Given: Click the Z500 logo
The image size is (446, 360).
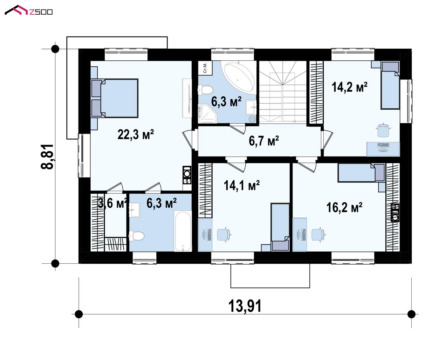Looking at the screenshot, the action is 29,10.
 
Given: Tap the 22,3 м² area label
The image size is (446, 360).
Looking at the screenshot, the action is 135,135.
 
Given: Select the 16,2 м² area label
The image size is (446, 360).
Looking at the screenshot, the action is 344,207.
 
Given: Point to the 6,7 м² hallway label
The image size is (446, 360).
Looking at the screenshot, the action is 264,141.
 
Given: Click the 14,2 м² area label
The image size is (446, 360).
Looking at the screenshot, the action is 349,87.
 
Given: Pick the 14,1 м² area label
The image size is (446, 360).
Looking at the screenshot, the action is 242,185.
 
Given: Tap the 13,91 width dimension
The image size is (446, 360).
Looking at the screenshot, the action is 245,306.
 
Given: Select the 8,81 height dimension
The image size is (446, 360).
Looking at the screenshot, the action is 47,157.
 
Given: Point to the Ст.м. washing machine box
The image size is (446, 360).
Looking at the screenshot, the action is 205,68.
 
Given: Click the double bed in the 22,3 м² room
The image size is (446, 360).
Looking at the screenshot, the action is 115,98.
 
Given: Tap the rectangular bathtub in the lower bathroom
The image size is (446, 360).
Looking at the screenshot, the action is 183,231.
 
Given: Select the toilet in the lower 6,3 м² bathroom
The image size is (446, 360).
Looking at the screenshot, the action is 137,236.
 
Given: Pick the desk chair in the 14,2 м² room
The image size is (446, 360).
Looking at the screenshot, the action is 383,130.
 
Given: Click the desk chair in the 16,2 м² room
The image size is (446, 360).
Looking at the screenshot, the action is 318,234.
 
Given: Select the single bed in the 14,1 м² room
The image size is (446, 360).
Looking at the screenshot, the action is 280,227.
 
